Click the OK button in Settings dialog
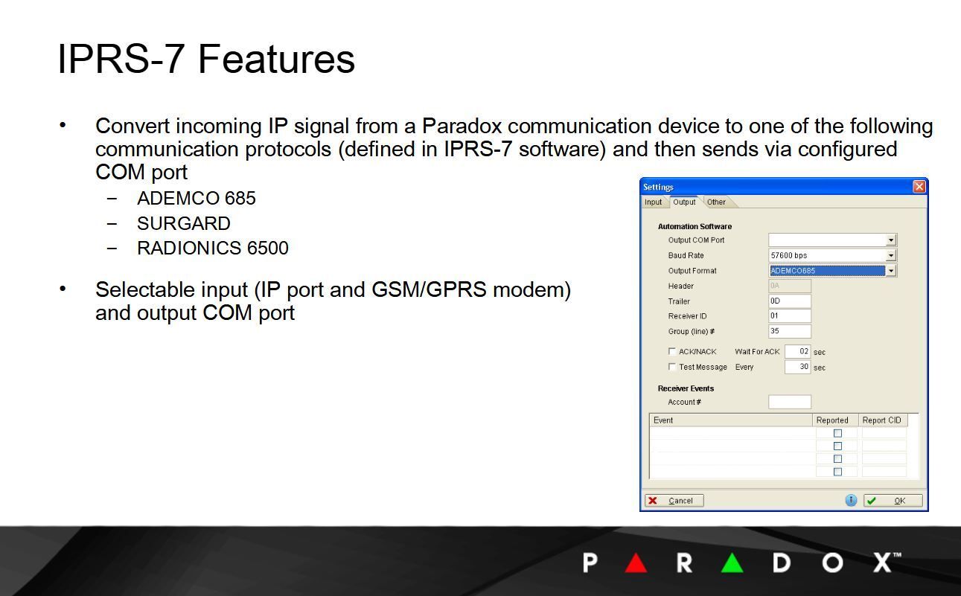pyautogui.click(x=893, y=501)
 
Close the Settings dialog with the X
pyautogui.click(x=919, y=187)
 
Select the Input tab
pyautogui.click(x=653, y=202)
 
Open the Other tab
pyautogui.click(x=716, y=202)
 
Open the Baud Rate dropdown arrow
pyautogui.click(x=890, y=255)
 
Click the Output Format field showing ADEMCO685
pyautogui.click(x=826, y=271)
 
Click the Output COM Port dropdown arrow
pyautogui.click(x=890, y=240)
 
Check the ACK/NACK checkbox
pyautogui.click(x=672, y=351)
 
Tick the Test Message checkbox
pyautogui.click(x=672, y=367)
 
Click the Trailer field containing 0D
pyautogui.click(x=789, y=301)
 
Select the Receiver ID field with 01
pyautogui.click(x=789, y=316)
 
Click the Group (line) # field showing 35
pyautogui.click(x=789, y=331)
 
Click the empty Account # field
pyautogui.click(x=789, y=402)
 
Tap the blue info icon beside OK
pyautogui.click(x=851, y=501)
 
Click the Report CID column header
pyautogui.click(x=881, y=420)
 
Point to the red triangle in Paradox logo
pyautogui.click(x=636, y=563)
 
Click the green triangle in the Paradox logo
pyautogui.click(x=732, y=563)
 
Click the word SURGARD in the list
pyautogui.click(x=184, y=223)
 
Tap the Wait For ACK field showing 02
pyautogui.click(x=797, y=351)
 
